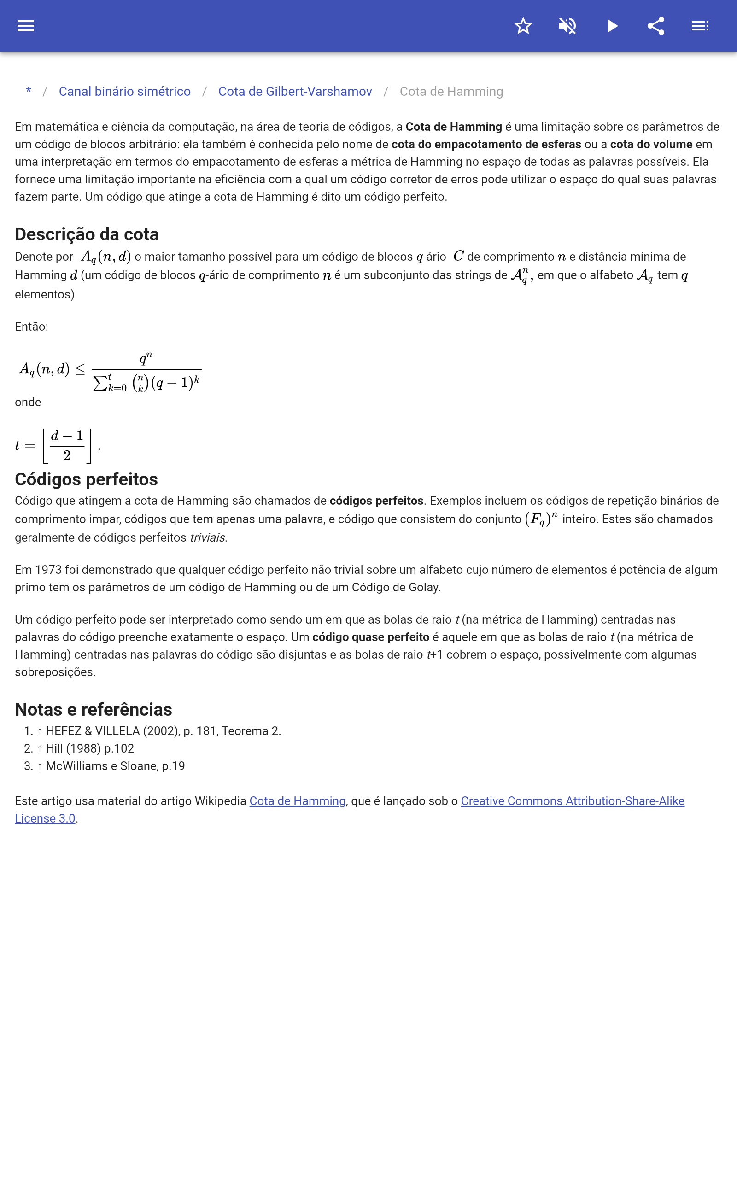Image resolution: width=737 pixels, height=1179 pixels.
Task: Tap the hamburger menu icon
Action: point(26,26)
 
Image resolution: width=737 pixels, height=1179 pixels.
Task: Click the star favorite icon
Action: point(523,26)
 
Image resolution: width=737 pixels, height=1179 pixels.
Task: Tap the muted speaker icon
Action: point(567,26)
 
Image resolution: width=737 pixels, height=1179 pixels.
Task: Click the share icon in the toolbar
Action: point(656,26)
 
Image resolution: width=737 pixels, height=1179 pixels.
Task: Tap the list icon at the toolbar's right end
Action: point(700,26)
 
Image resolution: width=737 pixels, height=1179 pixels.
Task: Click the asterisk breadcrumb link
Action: point(29,92)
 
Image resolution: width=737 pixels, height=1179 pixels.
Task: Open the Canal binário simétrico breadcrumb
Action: point(125,92)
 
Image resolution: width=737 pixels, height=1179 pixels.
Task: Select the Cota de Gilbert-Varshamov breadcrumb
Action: point(295,92)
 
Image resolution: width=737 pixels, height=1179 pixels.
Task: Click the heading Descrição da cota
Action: point(87,234)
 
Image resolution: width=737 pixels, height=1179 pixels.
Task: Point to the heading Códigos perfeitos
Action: point(86,479)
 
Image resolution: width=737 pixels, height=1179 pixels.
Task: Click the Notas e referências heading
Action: point(94,710)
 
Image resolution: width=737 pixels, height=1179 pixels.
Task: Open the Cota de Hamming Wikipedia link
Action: point(298,801)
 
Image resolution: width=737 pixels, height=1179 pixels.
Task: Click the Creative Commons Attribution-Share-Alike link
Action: point(572,801)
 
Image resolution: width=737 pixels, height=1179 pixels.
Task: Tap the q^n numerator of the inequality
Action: point(146,359)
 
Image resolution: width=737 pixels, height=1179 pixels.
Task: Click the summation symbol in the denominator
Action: point(100,383)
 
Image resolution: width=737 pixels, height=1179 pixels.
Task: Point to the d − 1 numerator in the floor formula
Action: point(67,436)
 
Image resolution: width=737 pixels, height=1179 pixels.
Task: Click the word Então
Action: point(31,327)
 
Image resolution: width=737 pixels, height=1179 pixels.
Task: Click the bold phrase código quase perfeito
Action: point(370,637)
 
